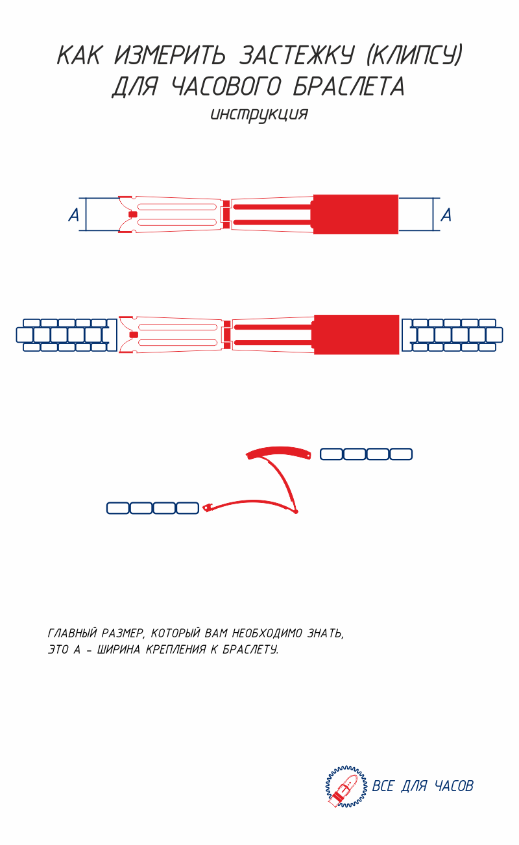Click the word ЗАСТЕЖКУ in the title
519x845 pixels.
pos(296,55)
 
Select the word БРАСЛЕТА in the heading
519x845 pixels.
pos(349,86)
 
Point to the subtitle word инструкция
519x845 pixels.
pos(259,114)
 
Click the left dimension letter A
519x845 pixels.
pos(73,215)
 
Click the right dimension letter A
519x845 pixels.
pos(446,215)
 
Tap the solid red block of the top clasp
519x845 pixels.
pos(356,214)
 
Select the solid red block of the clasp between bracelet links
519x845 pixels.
pos(356,335)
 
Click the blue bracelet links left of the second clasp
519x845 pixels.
pos(67,335)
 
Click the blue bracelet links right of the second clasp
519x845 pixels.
pos(452,335)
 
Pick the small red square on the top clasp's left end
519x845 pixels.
pos(133,214)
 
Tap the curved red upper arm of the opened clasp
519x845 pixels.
pos(278,452)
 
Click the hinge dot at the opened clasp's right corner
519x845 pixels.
pos(296,511)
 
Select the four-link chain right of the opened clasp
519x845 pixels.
pos(367,454)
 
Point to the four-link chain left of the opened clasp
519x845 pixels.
pos(152,508)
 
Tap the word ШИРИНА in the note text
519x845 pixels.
pos(119,650)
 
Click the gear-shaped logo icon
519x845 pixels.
pos(346,787)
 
